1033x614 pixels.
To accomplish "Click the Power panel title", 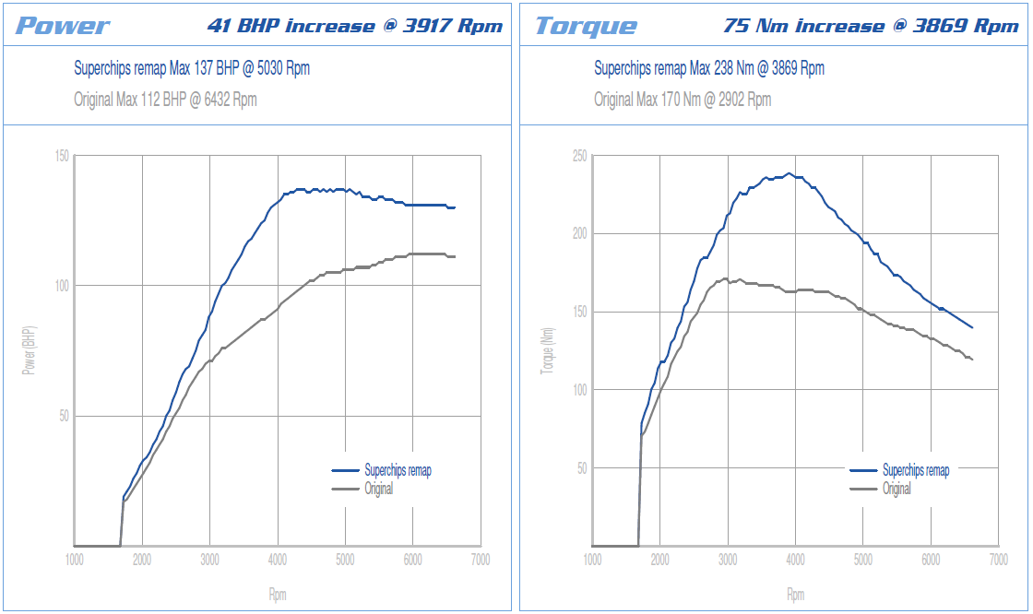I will click(x=63, y=26).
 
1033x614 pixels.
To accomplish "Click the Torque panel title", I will click(x=586, y=26).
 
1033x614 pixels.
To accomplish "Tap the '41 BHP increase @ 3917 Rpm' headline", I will click(x=355, y=26).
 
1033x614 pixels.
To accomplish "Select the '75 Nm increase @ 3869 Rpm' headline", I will click(x=871, y=26).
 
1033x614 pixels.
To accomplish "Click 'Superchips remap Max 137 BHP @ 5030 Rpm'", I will click(x=191, y=68).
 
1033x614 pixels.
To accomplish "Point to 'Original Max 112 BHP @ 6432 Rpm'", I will click(x=165, y=100).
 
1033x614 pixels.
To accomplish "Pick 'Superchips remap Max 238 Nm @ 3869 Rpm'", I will click(x=709, y=68).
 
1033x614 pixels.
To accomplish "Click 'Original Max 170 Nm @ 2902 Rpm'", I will click(x=683, y=100).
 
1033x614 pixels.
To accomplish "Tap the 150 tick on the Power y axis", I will click(x=61, y=156).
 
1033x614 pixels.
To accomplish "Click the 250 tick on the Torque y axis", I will click(x=579, y=156).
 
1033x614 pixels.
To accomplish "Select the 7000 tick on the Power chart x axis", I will click(x=480, y=560).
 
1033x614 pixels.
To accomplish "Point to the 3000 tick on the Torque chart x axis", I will click(x=728, y=560).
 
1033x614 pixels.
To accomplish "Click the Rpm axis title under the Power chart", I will click(x=277, y=595).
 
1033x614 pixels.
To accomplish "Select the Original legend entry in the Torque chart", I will click(x=896, y=489).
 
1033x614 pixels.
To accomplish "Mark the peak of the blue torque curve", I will click(x=789, y=173).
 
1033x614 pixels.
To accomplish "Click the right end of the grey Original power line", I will click(x=455, y=256).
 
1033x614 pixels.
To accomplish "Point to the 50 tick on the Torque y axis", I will click(x=582, y=468).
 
